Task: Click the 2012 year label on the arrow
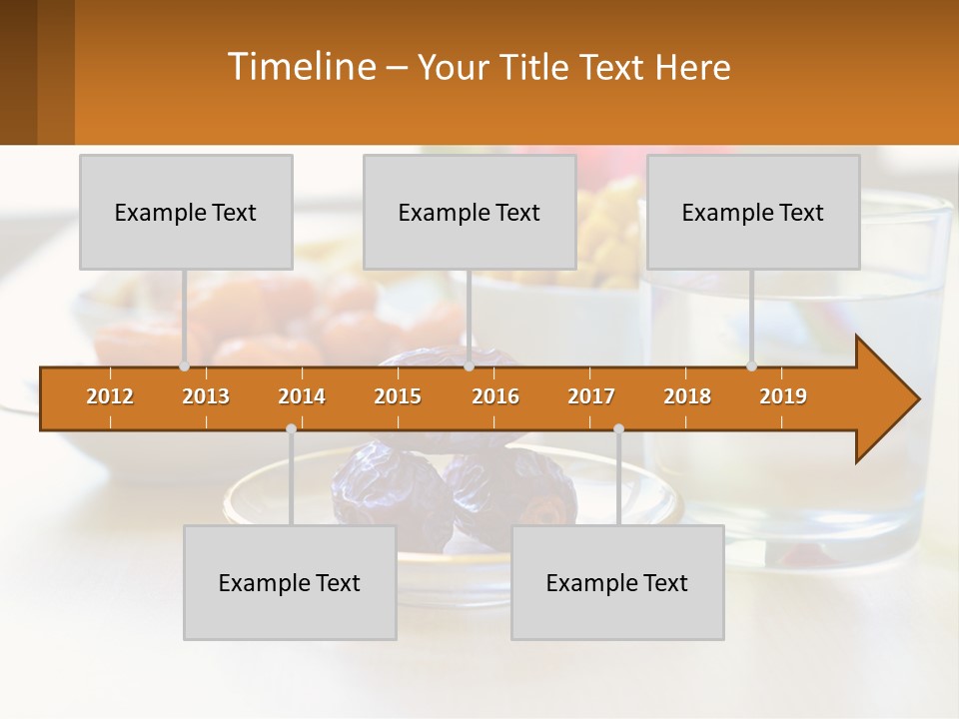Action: (110, 396)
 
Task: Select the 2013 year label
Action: (206, 396)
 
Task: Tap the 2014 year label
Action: (302, 396)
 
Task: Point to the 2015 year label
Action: (398, 396)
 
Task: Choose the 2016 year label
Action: (495, 396)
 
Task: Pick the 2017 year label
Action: (591, 396)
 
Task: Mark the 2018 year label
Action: (687, 396)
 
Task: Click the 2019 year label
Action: (783, 396)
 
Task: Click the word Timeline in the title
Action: (300, 67)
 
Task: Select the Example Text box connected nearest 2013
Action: (186, 212)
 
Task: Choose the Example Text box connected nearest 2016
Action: (470, 212)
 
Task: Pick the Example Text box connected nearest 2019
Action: (753, 212)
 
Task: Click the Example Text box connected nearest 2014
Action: (290, 582)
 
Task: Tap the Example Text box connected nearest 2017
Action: (617, 582)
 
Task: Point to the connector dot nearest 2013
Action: (184, 366)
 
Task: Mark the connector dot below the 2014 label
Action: (291, 428)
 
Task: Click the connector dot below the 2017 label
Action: (618, 428)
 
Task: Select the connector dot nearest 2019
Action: (751, 366)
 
